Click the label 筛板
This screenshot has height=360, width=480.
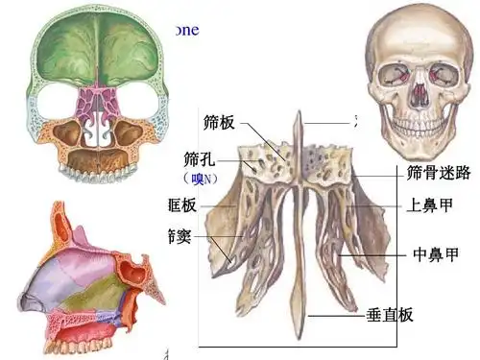click(219, 123)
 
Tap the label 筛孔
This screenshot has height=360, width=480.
click(198, 158)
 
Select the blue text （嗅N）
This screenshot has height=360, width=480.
click(199, 179)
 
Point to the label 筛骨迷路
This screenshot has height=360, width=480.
click(439, 173)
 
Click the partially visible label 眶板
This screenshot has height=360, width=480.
click(181, 205)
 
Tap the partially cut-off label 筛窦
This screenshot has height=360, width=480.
click(179, 235)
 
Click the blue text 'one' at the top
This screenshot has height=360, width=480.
click(186, 30)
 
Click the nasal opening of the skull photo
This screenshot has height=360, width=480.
click(419, 93)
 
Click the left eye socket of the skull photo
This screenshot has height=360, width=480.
click(397, 74)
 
